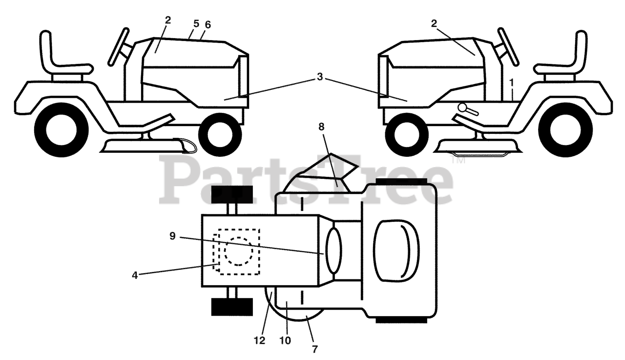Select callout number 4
pyautogui.click(x=135, y=275)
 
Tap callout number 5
pyautogui.click(x=196, y=23)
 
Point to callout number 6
pyautogui.click(x=208, y=24)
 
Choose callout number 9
pyautogui.click(x=172, y=235)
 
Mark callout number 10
pyautogui.click(x=286, y=340)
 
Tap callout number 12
pyautogui.click(x=260, y=340)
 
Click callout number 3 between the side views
pyautogui.click(x=319, y=77)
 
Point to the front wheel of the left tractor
pyautogui.click(x=220, y=134)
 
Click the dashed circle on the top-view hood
pyautogui.click(x=238, y=251)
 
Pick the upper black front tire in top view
pyautogui.click(x=231, y=194)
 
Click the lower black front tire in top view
pyautogui.click(x=231, y=307)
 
